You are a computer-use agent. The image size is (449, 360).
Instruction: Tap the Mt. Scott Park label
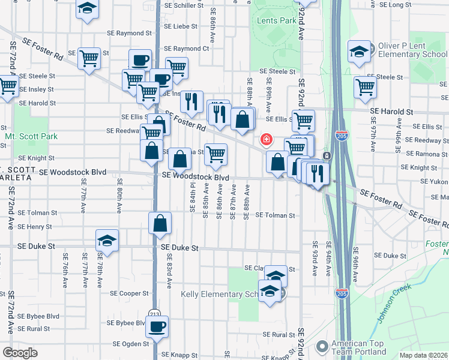click(31, 136)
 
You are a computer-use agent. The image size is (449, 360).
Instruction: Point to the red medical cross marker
click(265, 140)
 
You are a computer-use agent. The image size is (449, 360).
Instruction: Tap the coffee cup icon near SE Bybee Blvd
click(157, 327)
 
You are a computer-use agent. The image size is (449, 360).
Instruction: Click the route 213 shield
click(155, 313)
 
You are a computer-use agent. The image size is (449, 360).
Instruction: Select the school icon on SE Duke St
click(107, 241)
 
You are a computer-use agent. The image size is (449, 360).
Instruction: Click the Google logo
click(19, 353)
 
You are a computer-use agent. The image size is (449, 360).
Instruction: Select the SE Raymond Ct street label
click(188, 49)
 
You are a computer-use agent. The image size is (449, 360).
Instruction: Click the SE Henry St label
click(35, 227)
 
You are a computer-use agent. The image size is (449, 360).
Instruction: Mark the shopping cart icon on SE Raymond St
click(89, 59)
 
